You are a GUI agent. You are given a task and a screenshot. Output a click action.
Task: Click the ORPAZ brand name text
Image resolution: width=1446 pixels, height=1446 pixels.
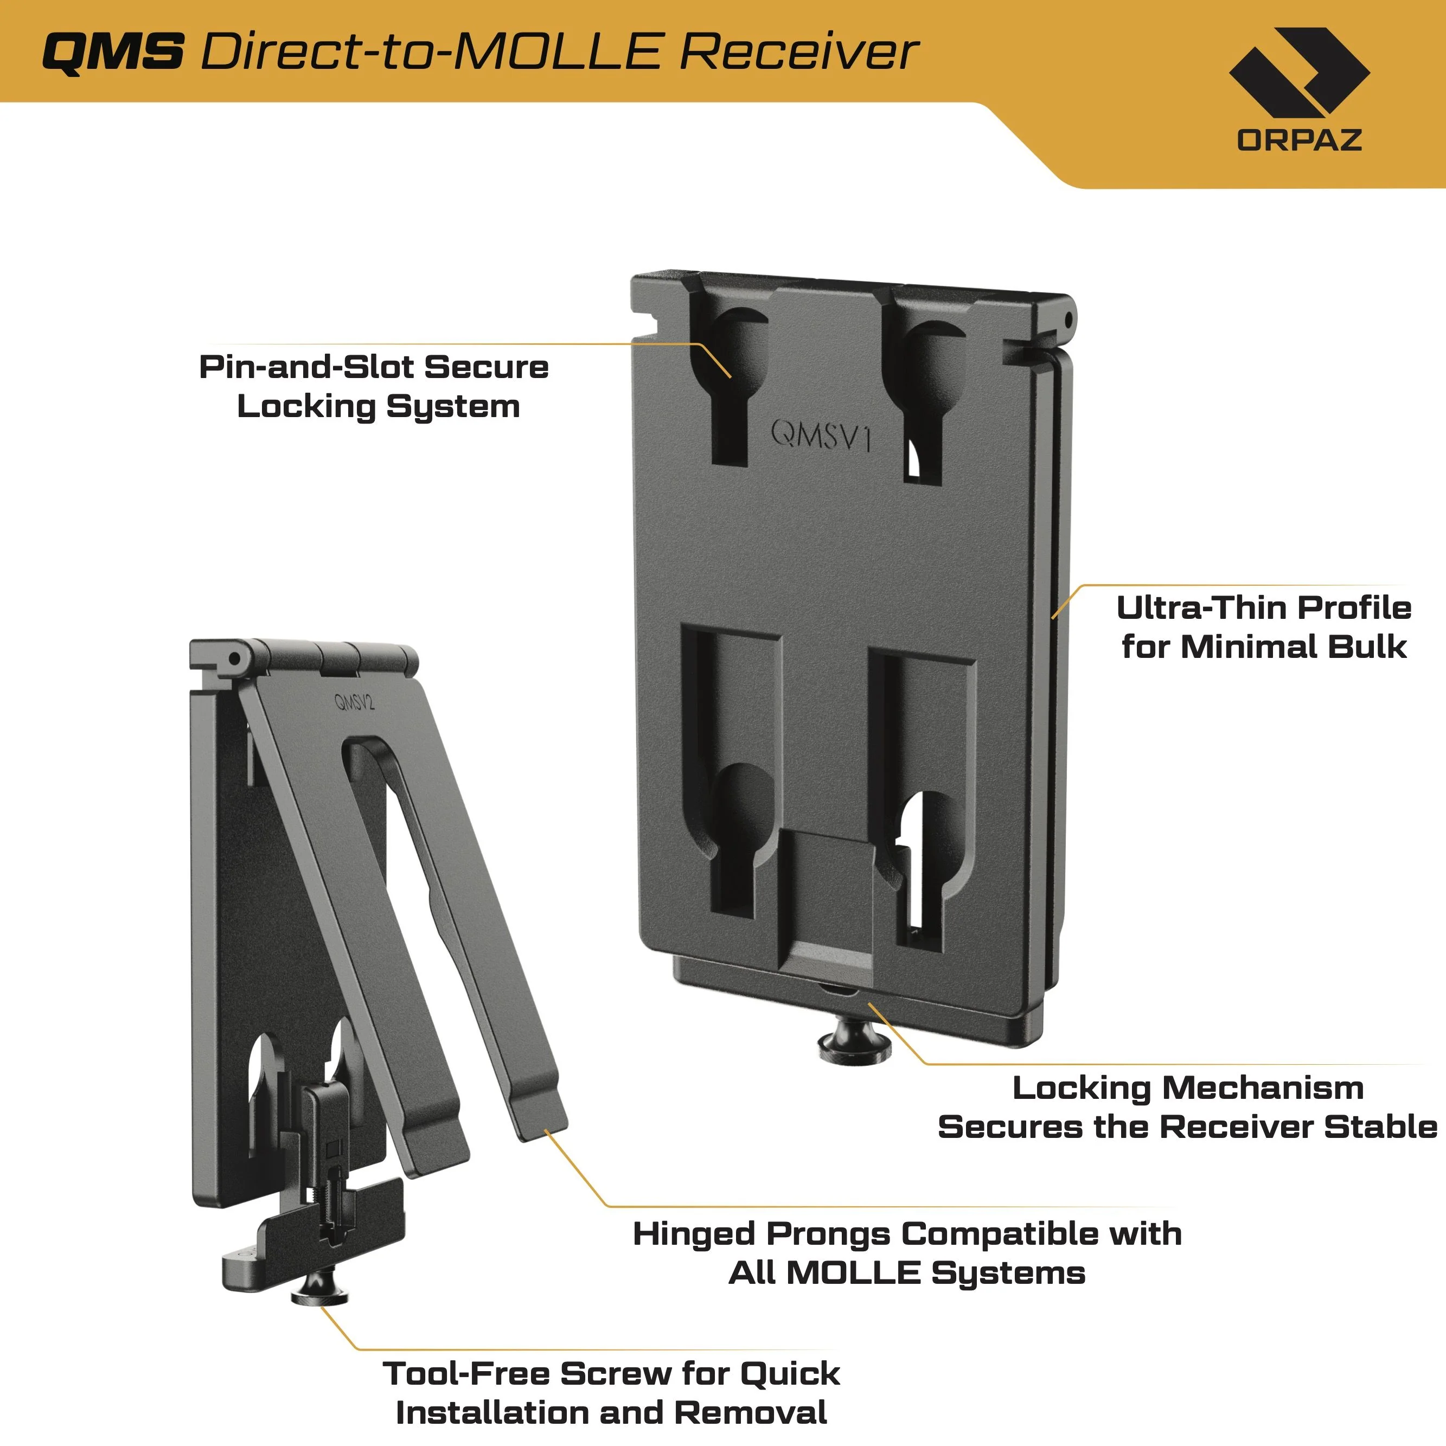click(1300, 140)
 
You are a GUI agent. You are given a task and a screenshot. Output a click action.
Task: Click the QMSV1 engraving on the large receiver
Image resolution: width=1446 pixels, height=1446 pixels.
click(822, 435)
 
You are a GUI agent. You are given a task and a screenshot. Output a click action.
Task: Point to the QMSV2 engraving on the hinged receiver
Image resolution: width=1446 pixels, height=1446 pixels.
click(354, 702)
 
